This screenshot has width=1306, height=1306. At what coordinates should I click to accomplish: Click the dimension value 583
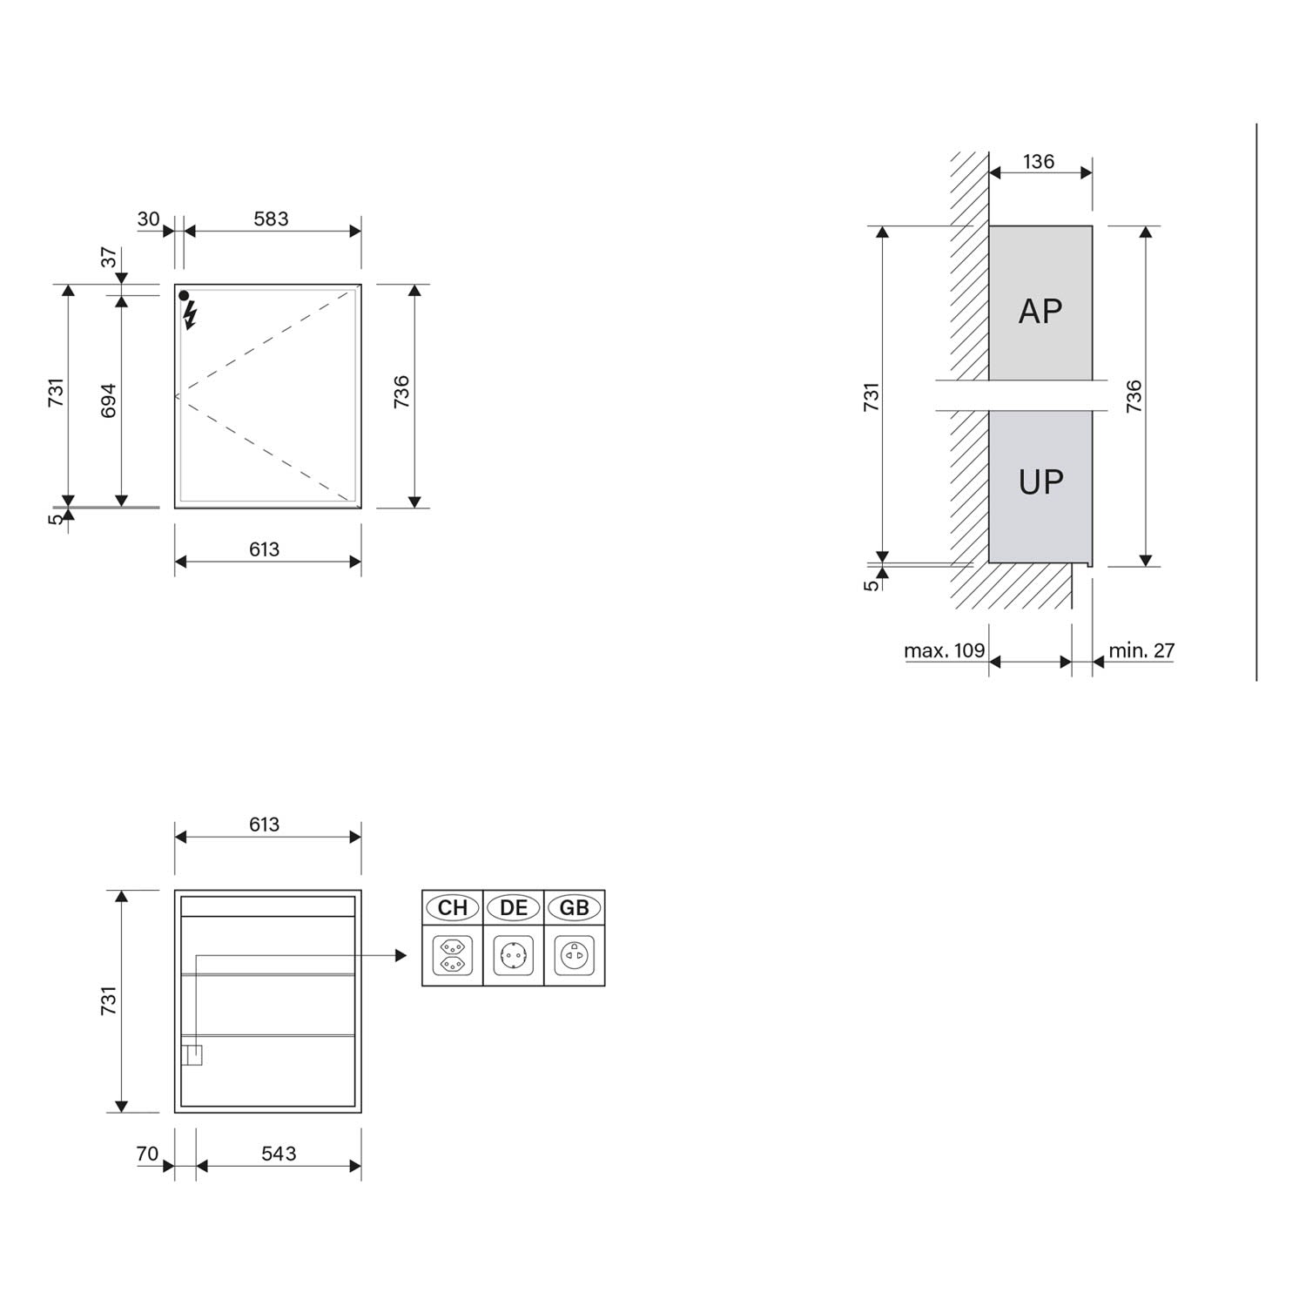[271, 219]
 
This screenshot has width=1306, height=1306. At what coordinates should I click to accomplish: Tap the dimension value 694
[108, 401]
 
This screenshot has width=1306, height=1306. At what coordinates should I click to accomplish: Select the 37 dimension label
[108, 258]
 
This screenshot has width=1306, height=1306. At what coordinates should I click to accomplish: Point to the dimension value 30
[148, 219]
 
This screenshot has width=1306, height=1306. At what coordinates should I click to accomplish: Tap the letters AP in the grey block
[1040, 311]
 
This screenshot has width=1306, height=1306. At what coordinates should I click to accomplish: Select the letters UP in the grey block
[1040, 481]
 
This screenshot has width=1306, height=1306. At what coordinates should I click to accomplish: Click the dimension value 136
[1039, 161]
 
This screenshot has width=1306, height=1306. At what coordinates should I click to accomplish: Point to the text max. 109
[945, 650]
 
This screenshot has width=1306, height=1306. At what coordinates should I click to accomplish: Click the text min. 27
[1141, 650]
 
